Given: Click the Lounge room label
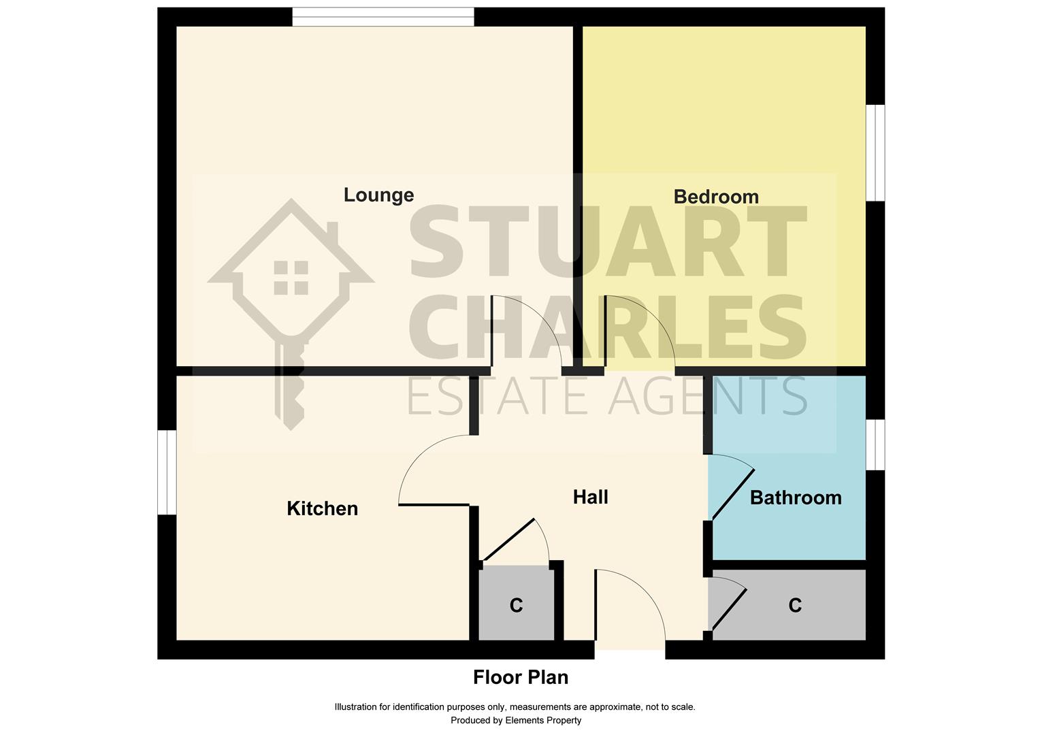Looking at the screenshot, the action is [x=378, y=195].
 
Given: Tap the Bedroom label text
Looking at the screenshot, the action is [x=716, y=197].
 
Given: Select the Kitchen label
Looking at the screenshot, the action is [x=322, y=509].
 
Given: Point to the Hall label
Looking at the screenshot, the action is [x=590, y=497].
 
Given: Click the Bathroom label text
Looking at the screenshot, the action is [x=796, y=497].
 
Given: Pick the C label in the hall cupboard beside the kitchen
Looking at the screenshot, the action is [x=516, y=606].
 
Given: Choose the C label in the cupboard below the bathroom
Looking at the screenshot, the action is [x=795, y=606].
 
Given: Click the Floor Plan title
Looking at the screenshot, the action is [x=521, y=677].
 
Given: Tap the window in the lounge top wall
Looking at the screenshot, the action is [x=383, y=17].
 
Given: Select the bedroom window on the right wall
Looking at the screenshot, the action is [x=875, y=152].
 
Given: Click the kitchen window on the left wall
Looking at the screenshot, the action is [x=167, y=473].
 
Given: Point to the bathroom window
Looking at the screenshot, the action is [x=875, y=445].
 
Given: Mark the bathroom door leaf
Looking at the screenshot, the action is [x=733, y=494].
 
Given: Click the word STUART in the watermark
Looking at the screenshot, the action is [x=608, y=242].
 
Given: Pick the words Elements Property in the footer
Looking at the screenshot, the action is [x=543, y=720].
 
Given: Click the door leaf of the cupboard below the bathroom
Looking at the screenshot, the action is [x=729, y=609].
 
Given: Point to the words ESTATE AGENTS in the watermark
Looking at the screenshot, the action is [x=607, y=396].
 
